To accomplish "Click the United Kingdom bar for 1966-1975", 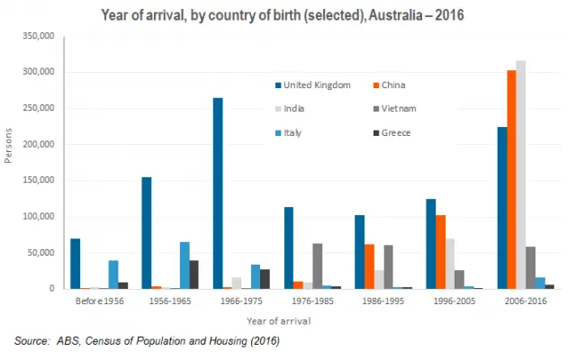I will click(x=218, y=193).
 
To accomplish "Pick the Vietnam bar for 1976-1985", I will click(x=317, y=266).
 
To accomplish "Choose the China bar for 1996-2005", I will click(x=440, y=252).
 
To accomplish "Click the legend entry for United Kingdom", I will click(x=310, y=85).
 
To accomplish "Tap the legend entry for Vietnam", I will click(x=404, y=109).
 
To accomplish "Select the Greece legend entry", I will click(x=403, y=132).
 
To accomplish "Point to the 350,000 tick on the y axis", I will click(x=37, y=35).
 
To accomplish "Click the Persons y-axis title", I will click(x=10, y=162).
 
